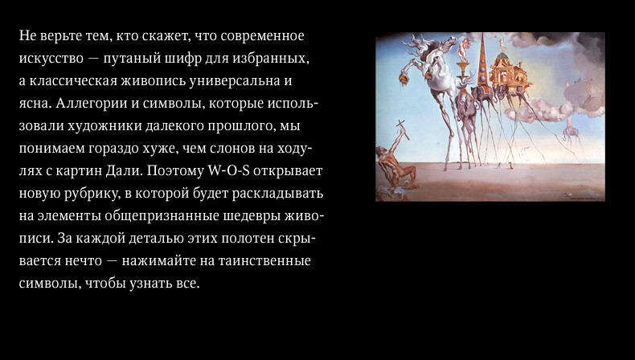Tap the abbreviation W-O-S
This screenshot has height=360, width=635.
(x=228, y=170)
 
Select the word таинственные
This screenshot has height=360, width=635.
(x=264, y=260)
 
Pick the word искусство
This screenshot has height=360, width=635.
(x=51, y=59)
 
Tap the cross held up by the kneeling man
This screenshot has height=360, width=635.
(x=403, y=129)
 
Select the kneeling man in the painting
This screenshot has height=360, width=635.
(x=395, y=166)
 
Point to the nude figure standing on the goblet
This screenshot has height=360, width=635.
(x=461, y=50)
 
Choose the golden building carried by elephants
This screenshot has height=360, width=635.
(x=508, y=72)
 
